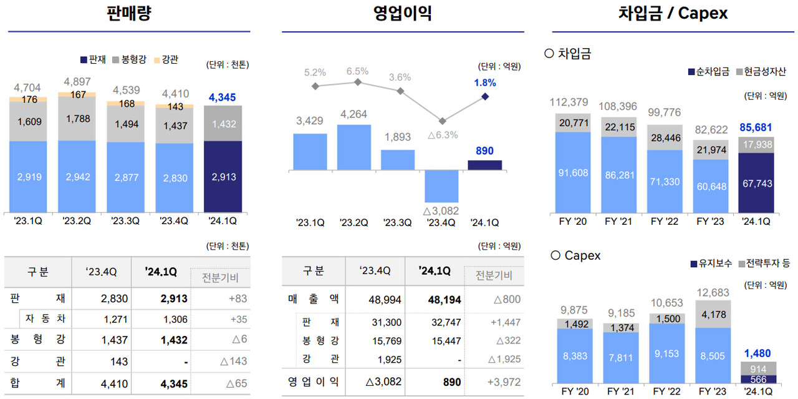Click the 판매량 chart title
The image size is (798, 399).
[129, 13]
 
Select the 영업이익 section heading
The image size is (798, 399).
[402, 13]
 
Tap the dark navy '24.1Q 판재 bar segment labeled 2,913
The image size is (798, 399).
[223, 177]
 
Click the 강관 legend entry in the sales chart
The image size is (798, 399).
[165, 59]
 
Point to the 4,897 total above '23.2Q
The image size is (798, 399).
[77, 82]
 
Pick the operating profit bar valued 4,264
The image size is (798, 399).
[353, 147]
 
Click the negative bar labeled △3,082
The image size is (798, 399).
[441, 185]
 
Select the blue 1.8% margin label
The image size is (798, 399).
[484, 82]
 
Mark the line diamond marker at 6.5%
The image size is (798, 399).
[358, 82]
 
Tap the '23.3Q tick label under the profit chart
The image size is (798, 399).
[397, 222]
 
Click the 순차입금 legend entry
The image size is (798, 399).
[708, 72]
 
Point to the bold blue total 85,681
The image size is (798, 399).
[756, 127]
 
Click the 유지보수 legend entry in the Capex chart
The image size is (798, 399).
[710, 264]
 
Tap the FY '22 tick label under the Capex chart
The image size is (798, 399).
[665, 392]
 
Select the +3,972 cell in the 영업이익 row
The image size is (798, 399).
[504, 382]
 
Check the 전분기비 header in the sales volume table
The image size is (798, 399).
[221, 278]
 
